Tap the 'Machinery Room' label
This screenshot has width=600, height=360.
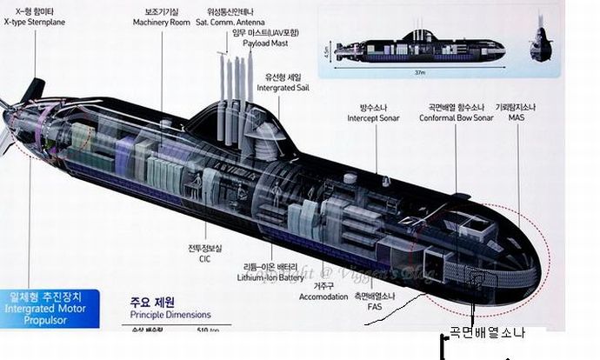pos(162,22)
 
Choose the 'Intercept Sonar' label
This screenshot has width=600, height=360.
pos(375,117)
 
